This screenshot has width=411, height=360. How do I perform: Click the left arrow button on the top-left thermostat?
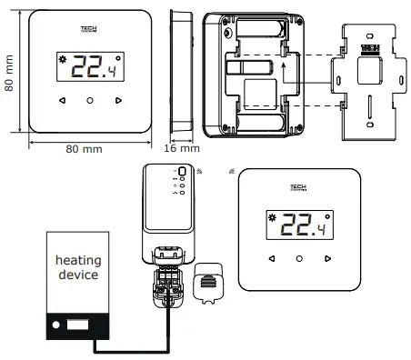[x=61, y=100]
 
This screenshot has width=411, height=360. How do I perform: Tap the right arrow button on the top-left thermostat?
[x=119, y=100]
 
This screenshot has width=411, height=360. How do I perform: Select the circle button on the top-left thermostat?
[x=90, y=100]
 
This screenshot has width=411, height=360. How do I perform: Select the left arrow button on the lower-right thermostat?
[x=270, y=259]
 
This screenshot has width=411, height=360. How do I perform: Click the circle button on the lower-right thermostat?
[x=299, y=259]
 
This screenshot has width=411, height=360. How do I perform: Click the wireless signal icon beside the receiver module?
[x=200, y=170]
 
